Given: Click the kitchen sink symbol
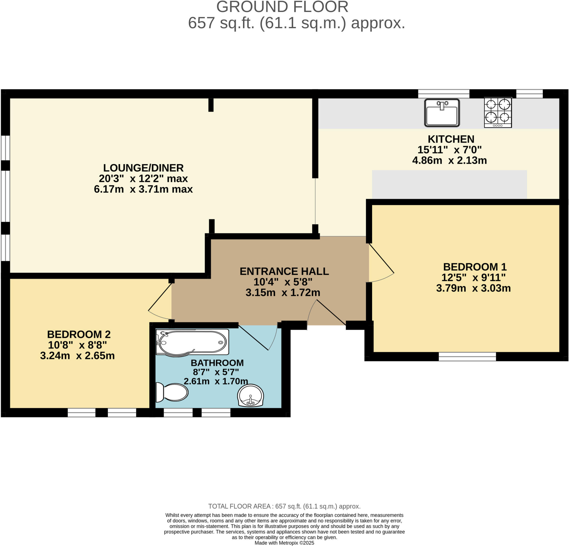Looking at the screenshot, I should pyautogui.click(x=442, y=113).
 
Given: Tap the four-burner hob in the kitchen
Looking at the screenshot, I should pyautogui.click(x=498, y=112).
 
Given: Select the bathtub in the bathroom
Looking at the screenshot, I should pyautogui.click(x=192, y=342).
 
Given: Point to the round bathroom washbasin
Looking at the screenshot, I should pyautogui.click(x=250, y=395).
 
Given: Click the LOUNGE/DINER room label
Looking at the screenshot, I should pyautogui.click(x=143, y=168).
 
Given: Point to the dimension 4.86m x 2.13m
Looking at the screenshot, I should pyautogui.click(x=449, y=160).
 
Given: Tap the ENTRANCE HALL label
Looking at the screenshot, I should pyautogui.click(x=284, y=271).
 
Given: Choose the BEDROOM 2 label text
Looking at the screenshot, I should pyautogui.click(x=79, y=334).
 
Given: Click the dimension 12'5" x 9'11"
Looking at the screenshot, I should pyautogui.click(x=473, y=277).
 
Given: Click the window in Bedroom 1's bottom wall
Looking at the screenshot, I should pyautogui.click(x=467, y=356).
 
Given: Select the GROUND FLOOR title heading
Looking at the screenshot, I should pyautogui.click(x=282, y=7).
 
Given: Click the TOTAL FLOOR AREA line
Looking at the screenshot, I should pyautogui.click(x=284, y=506).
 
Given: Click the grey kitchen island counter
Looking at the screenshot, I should pyautogui.click(x=449, y=184).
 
